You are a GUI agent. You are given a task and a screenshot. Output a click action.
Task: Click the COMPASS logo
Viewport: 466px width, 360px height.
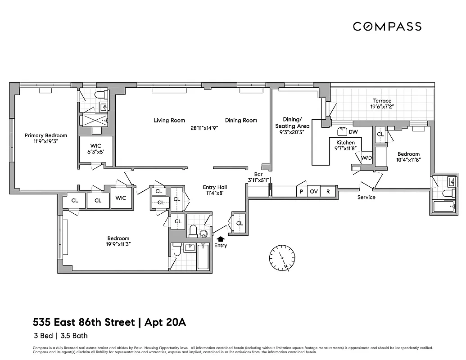(x=387, y=27)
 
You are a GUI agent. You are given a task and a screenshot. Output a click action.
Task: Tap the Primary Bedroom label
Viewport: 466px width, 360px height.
(x=46, y=135)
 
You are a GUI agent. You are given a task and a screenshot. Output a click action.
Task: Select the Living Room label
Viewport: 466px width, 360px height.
(x=169, y=120)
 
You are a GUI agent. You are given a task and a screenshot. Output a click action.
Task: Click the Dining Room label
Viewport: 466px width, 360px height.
(x=241, y=120)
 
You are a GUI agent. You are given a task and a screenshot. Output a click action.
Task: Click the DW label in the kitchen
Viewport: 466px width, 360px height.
(x=354, y=132)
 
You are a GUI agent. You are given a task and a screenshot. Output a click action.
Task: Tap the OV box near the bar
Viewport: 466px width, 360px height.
(x=314, y=192)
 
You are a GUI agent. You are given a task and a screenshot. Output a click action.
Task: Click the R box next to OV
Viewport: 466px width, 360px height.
(x=328, y=192)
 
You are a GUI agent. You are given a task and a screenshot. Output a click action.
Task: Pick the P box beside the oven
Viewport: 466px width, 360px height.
(x=300, y=192)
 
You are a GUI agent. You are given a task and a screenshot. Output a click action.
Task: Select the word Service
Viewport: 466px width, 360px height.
(x=366, y=197)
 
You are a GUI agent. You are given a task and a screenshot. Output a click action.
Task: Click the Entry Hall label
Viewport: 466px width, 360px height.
(x=215, y=187)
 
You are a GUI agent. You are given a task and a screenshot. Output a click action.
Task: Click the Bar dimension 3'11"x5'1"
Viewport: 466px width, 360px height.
(x=258, y=180)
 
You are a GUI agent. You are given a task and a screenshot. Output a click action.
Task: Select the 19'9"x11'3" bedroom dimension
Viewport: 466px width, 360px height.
(x=118, y=245)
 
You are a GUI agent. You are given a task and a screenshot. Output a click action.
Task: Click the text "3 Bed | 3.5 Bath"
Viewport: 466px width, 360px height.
(x=60, y=335)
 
